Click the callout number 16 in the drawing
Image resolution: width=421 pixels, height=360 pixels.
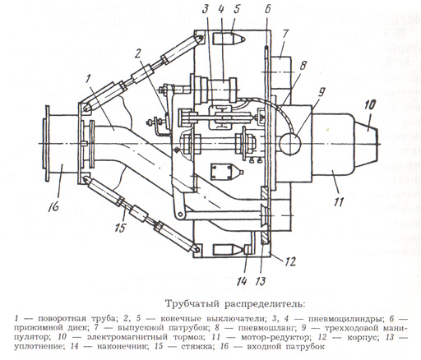click(53, 205)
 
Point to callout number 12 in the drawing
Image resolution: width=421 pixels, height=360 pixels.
click(289, 262)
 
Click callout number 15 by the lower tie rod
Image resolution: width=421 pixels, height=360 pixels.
click(120, 228)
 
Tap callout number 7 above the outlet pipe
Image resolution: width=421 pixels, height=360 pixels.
click(285, 34)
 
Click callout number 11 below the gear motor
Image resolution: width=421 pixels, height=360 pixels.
click(339, 202)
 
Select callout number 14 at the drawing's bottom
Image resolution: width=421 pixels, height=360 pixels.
click(243, 281)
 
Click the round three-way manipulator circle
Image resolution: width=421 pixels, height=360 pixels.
click(290, 143)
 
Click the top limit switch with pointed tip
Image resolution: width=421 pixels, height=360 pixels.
click(229, 39)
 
